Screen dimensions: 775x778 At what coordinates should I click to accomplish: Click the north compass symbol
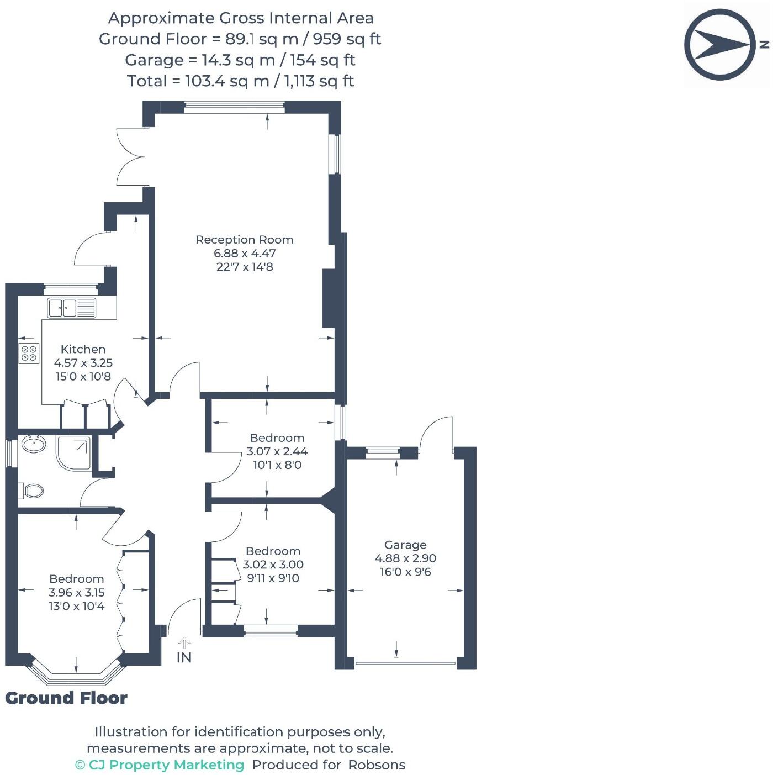pyautogui.click(x=720, y=44)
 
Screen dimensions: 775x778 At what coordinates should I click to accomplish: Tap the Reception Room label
pyautogui.click(x=244, y=240)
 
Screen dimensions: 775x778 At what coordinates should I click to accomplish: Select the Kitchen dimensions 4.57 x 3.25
pyautogui.click(x=83, y=363)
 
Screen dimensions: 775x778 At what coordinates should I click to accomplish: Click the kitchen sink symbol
pyautogui.click(x=71, y=308)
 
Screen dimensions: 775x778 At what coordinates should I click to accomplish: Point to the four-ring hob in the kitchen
pyautogui.click(x=29, y=353)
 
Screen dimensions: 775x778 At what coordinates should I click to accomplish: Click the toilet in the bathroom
pyautogui.click(x=32, y=491)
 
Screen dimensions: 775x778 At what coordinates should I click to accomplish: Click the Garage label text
pyautogui.click(x=405, y=545)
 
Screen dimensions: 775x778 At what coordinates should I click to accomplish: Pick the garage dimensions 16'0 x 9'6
pyautogui.click(x=405, y=572)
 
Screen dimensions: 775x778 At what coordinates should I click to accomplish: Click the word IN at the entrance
pyautogui.click(x=184, y=657)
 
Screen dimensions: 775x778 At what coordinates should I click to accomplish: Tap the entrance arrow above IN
pyautogui.click(x=184, y=642)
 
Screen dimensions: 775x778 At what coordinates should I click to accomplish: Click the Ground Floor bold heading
pyautogui.click(x=66, y=698)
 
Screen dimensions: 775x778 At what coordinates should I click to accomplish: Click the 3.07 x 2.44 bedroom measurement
pyautogui.click(x=277, y=451)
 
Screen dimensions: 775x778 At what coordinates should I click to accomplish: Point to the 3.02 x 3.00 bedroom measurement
pyautogui.click(x=273, y=565)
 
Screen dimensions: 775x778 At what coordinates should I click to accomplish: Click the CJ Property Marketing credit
pyautogui.click(x=160, y=765)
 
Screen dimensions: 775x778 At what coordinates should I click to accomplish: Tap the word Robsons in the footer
pyautogui.click(x=377, y=765)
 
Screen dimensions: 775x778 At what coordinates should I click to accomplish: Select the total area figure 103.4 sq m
pyautogui.click(x=225, y=81)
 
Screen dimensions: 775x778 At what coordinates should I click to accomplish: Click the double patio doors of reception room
pyautogui.click(x=131, y=157)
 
